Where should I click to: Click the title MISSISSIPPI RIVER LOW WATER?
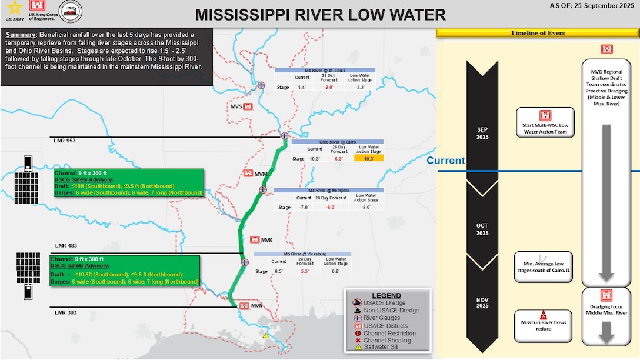321,14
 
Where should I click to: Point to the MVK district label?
267,240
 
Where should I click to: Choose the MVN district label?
256,305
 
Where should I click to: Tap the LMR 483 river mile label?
65,245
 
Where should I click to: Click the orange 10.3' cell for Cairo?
368,159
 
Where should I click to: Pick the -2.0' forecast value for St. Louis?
328,87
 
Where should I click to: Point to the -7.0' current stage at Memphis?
303,207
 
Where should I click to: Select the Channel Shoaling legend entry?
389,341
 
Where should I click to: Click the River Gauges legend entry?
382,318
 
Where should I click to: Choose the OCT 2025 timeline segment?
482,229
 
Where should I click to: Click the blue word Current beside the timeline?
446,161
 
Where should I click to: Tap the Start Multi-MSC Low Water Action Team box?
544,122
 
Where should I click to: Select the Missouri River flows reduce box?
544,325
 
